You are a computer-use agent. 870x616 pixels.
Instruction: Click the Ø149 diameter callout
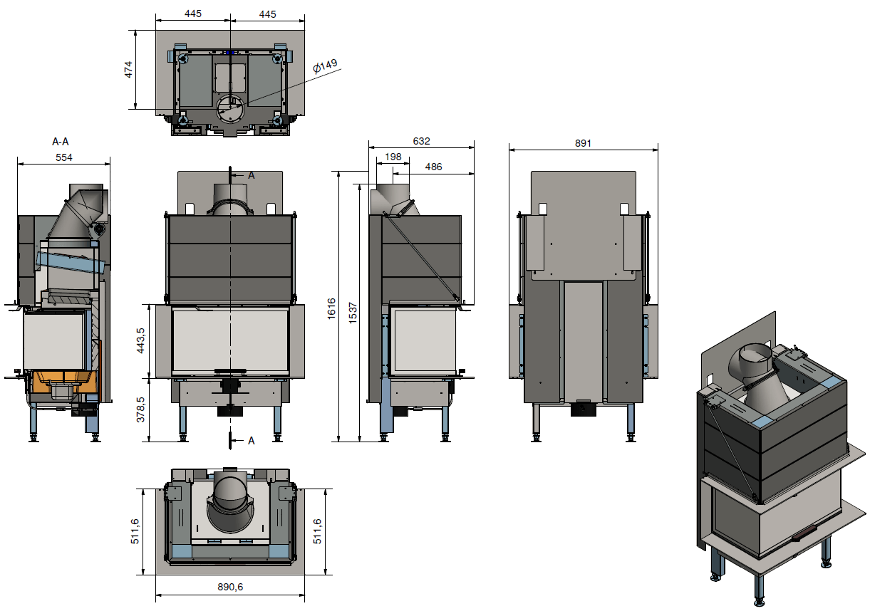325,66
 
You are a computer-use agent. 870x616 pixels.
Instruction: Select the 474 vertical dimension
129,70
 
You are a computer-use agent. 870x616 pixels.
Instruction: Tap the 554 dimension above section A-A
63,157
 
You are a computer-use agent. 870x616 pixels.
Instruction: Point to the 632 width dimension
421,141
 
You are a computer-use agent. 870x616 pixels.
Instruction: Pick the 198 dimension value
393,157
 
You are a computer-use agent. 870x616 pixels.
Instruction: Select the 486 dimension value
433,167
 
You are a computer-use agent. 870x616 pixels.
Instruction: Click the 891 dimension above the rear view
583,143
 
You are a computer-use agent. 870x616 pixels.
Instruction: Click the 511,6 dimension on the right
318,531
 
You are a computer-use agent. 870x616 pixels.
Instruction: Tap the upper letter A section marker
251,174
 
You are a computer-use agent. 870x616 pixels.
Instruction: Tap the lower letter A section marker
251,441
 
